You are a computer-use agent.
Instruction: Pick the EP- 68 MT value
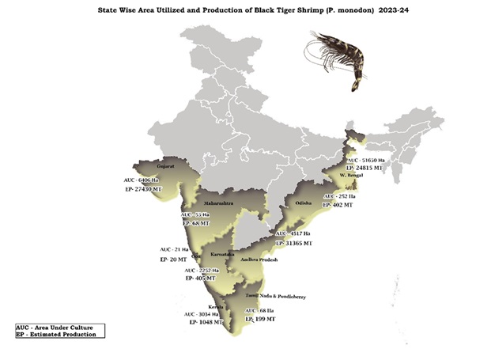point(200,224)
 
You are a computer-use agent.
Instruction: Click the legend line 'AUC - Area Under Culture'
point(55,327)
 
